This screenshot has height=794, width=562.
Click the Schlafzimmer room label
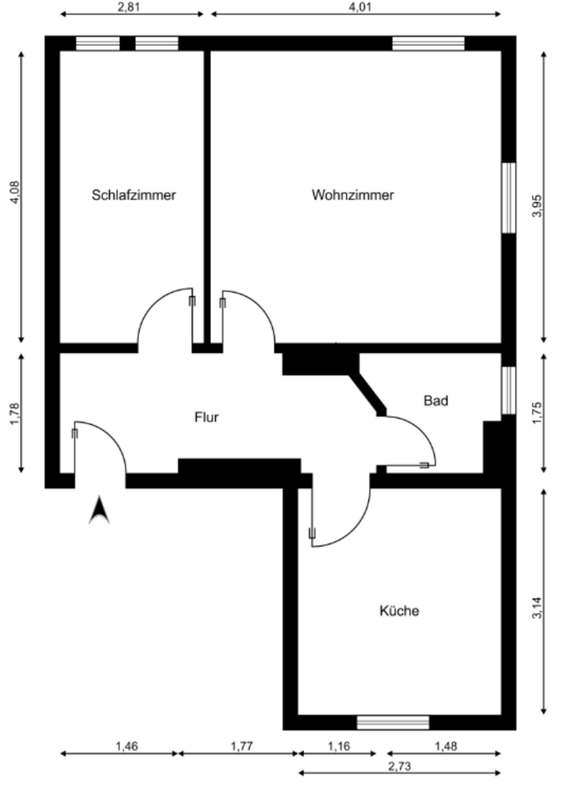point(133,196)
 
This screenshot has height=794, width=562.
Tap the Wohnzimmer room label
point(353,196)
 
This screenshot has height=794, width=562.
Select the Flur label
point(206,418)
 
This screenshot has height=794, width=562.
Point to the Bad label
point(436,401)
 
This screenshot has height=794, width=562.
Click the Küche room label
point(399,611)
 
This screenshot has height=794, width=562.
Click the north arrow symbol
point(99,510)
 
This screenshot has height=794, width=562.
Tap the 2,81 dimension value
point(129,7)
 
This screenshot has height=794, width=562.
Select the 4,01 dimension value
point(357,7)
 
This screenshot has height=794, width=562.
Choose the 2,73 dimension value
point(399,766)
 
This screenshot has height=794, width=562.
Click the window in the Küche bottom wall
point(393,723)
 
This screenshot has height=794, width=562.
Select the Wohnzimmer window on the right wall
point(508,197)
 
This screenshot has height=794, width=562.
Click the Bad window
point(508,390)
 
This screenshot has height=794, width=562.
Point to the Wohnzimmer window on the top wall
point(416,43)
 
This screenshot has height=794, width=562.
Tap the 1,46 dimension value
point(127,746)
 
